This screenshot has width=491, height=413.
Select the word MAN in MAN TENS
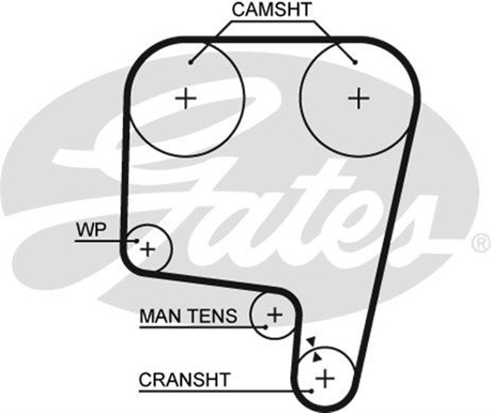pos(157,315)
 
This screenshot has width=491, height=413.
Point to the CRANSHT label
pos(184,379)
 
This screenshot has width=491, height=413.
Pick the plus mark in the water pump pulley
pos(147,248)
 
